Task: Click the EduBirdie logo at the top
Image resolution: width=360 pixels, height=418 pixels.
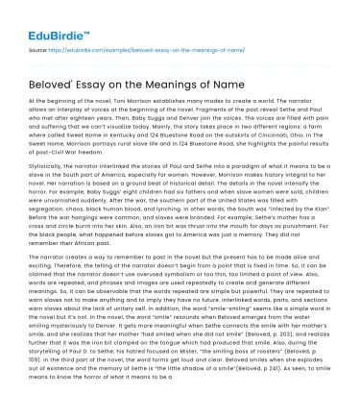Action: click(45, 15)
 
